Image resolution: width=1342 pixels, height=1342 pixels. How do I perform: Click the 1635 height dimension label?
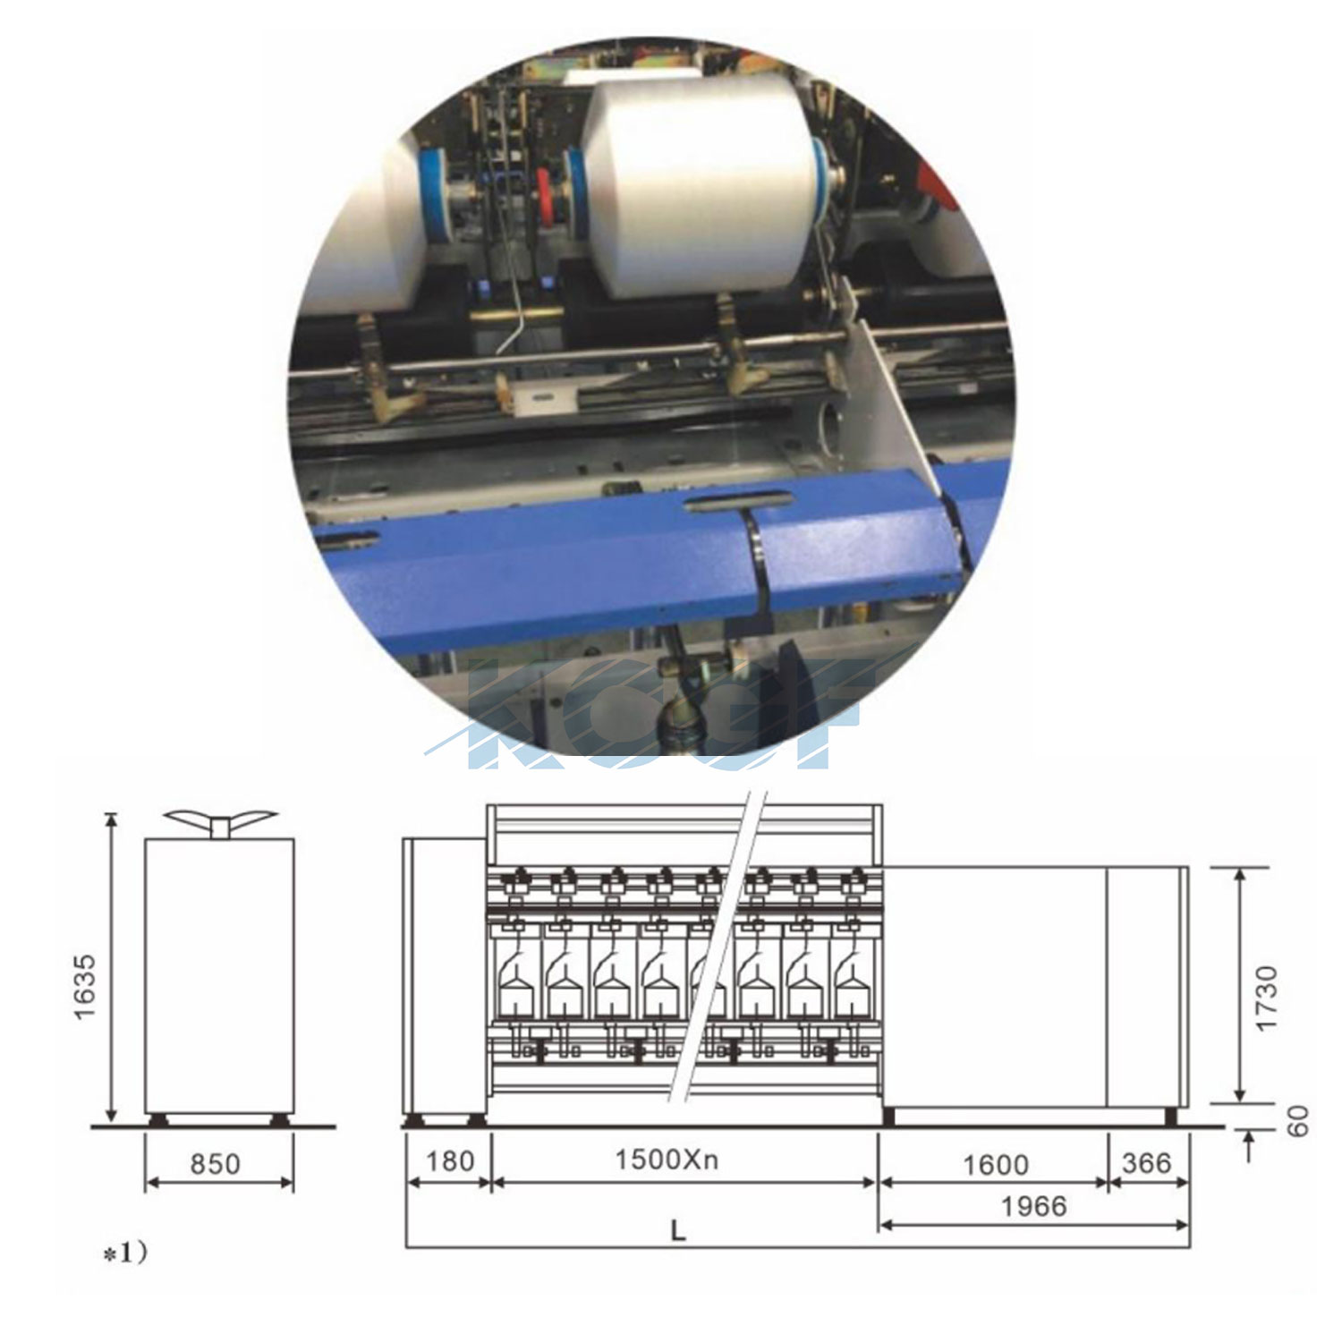(x=85, y=986)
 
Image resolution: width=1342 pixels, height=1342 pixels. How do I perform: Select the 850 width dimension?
(x=215, y=1163)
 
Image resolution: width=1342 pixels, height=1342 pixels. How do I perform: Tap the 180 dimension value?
(x=449, y=1160)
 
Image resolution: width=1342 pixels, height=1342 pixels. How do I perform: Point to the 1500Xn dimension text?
(x=667, y=1159)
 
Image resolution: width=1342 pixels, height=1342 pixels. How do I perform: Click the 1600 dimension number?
(x=996, y=1164)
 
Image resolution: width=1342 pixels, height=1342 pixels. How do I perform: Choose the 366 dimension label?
(x=1146, y=1162)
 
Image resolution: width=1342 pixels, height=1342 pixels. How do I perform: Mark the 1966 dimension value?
(x=1033, y=1206)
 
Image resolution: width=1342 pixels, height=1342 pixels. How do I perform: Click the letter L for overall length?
(x=678, y=1232)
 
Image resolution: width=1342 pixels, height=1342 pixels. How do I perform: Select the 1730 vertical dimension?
(x=1267, y=998)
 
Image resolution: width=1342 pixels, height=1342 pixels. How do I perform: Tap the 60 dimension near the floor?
(x=1298, y=1121)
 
